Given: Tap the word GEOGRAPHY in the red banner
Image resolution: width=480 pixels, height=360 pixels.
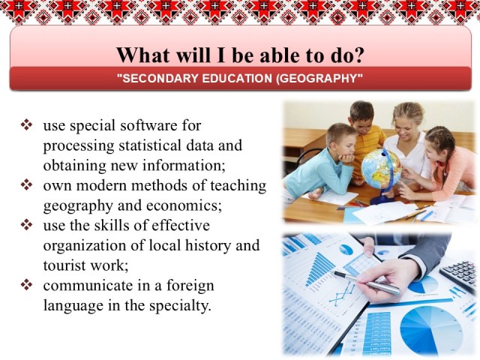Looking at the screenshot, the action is point(318,78).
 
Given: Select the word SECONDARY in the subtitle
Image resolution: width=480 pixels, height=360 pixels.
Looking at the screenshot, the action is point(160,78).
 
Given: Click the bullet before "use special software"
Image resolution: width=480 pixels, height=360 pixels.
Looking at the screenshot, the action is point(27,125).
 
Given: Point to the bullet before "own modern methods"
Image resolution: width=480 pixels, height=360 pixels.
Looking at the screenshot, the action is point(27,185).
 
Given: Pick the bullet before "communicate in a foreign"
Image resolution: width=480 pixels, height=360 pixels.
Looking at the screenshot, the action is point(27,285).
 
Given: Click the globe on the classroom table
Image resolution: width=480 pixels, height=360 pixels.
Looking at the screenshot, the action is point(381,169).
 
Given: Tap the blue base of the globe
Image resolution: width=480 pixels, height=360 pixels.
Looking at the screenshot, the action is point(379,199).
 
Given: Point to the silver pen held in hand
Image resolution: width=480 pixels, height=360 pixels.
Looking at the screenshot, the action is point(367,283).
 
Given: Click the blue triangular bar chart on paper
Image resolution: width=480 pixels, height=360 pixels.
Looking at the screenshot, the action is point(319,268).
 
